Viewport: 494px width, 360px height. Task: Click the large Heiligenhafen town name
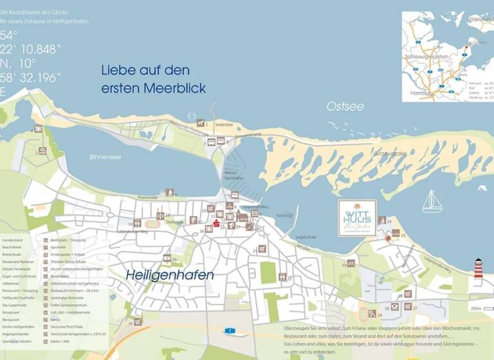pos(170,274)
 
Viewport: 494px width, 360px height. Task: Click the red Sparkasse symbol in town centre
pos(216,223)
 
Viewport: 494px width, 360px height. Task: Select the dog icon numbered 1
pos(201,123)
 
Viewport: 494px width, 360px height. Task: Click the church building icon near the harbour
pos(242,217)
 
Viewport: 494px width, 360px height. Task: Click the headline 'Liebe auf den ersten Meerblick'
pos(154,78)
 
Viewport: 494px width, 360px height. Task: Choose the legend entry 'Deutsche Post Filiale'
pos(68,327)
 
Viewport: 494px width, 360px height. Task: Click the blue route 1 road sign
pos(230,330)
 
